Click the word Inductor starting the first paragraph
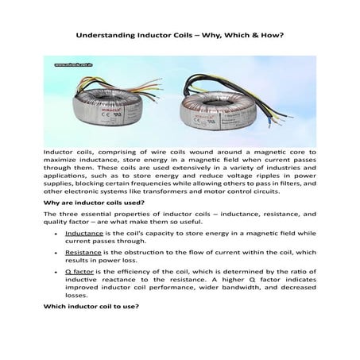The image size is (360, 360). (x=59, y=150)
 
